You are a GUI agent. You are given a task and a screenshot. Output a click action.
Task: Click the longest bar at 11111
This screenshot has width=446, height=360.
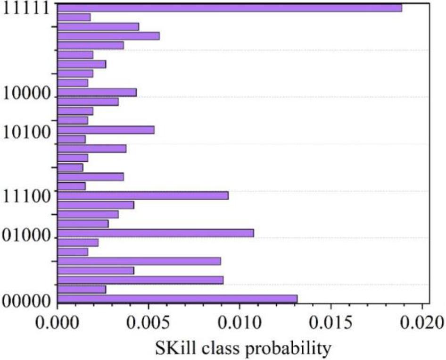pyautogui.click(x=229, y=8)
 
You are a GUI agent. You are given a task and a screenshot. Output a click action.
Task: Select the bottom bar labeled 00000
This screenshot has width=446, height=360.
pyautogui.click(x=177, y=299)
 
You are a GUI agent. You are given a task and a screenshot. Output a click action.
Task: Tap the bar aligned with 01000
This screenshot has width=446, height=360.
pyautogui.click(x=155, y=233)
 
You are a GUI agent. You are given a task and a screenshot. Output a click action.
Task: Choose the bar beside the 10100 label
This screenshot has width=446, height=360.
pyautogui.click(x=105, y=130)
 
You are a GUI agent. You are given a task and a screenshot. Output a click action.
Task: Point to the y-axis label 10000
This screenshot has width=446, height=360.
pyautogui.click(x=27, y=93)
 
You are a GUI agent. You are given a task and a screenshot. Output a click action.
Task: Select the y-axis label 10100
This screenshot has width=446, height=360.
pyautogui.click(x=27, y=133)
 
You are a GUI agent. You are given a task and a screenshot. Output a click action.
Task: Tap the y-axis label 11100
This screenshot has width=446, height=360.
pyautogui.click(x=27, y=196)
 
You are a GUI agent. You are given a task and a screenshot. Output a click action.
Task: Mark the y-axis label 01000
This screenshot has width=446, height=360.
pyautogui.click(x=27, y=234)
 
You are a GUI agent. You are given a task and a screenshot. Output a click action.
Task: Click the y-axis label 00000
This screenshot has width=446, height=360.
pyautogui.click(x=27, y=300)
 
